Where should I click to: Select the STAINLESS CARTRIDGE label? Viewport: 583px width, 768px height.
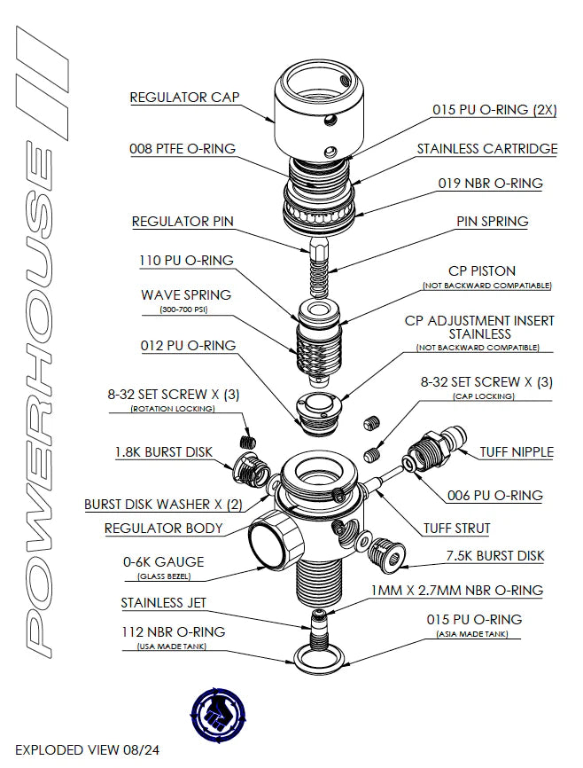point(487,149)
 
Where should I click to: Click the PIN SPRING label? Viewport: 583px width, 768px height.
point(492,221)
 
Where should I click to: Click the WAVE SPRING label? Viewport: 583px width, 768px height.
point(186,294)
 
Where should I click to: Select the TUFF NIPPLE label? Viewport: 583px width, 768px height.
point(517,451)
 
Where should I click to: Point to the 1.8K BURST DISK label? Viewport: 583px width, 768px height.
point(163,452)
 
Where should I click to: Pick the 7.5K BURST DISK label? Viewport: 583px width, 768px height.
point(494,556)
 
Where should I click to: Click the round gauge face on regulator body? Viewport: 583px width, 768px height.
point(273,543)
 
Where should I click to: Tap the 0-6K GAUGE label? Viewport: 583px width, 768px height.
point(164,561)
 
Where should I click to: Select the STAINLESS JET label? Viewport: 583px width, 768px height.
point(163,603)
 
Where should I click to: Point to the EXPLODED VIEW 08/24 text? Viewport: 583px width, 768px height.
point(87,749)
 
